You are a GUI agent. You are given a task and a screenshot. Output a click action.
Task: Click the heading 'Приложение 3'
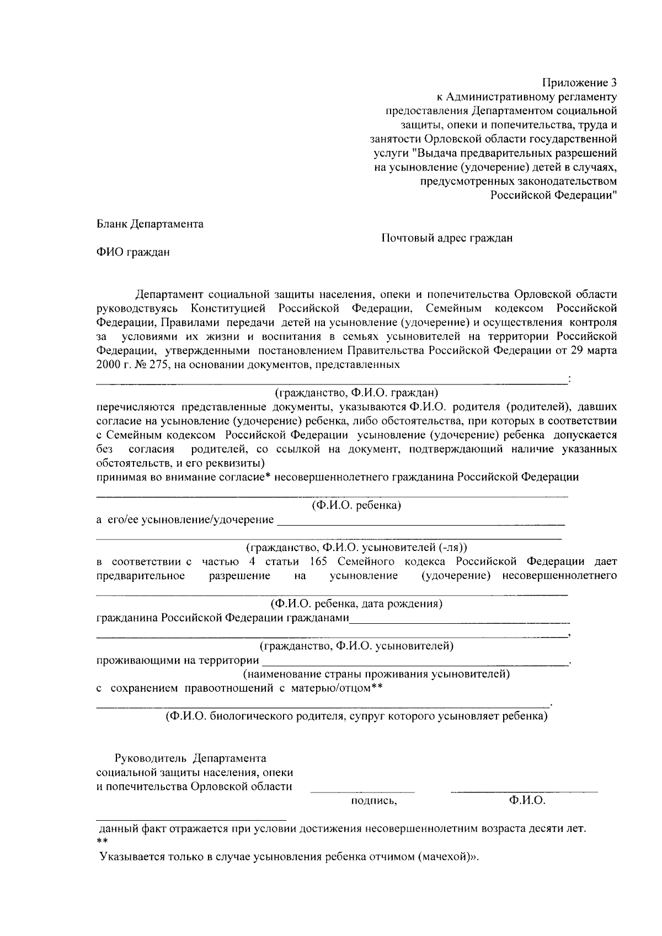[579, 83]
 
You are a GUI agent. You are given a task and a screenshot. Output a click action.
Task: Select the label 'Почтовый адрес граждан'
[447, 238]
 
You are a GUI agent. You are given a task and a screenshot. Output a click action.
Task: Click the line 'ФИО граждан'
[133, 253]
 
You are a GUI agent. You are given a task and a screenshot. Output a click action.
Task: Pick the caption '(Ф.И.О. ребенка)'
[356, 505]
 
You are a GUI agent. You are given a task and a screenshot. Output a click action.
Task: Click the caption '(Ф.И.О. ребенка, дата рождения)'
[353, 603]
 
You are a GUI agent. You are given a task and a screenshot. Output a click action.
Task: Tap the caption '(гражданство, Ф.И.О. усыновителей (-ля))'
[356, 548]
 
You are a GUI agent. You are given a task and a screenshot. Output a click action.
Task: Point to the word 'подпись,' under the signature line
[374, 801]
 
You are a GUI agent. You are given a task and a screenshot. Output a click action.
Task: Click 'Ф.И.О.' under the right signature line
[527, 800]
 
